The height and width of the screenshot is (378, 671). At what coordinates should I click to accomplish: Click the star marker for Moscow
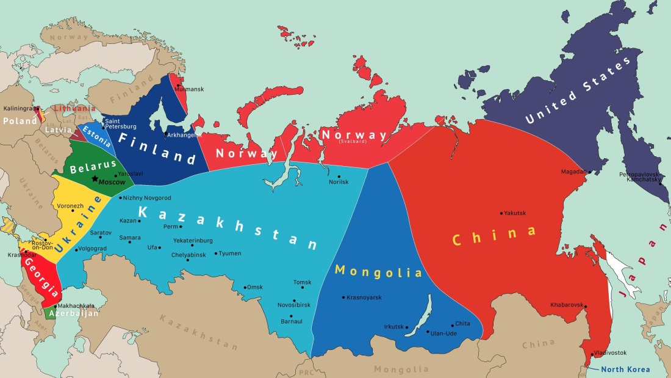point(94,179)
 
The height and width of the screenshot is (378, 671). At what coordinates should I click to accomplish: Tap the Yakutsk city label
point(515,213)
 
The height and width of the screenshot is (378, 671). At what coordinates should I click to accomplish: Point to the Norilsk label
point(339,182)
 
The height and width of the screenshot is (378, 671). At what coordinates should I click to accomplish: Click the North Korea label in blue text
point(625,369)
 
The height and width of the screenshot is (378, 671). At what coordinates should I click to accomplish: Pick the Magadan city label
point(573,172)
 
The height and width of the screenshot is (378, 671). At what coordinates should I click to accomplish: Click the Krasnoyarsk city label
point(364,297)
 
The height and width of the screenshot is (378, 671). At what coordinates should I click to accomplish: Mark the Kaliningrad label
point(18,108)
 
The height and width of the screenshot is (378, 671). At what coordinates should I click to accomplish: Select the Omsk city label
point(256,288)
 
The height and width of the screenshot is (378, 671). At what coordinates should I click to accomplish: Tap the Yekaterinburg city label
point(193,241)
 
